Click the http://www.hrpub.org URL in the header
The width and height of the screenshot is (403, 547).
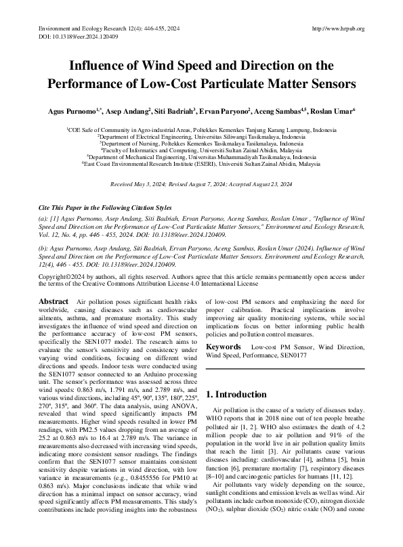coord(337,28)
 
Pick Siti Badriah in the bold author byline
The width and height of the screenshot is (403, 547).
coord(173,110)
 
